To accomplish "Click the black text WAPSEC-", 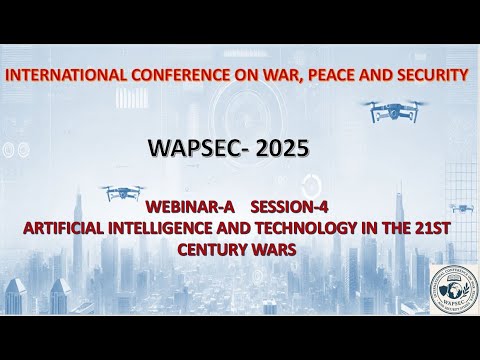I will click(x=194, y=149).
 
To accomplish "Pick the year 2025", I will click(x=280, y=149).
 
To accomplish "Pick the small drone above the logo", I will click(x=461, y=208).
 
